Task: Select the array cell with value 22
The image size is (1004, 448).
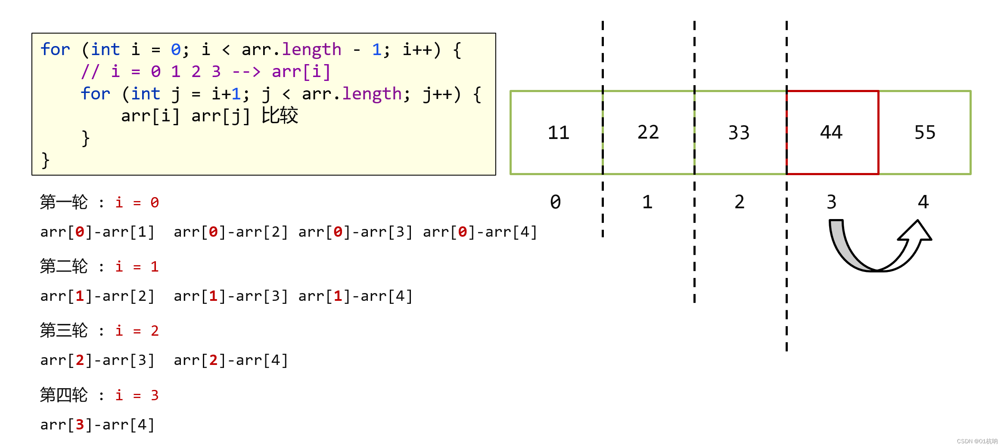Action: point(648,133)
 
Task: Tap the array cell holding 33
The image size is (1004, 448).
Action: point(739,133)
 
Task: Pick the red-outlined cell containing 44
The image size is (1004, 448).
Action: point(831,133)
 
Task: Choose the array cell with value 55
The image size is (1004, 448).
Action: point(925,133)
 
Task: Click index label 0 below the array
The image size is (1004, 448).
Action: point(556,202)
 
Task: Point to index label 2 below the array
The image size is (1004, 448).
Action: point(740,202)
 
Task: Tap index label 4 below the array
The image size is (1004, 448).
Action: point(923,202)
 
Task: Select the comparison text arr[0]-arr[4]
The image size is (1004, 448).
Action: point(480,232)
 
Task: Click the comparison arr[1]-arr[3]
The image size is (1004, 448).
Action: point(230,297)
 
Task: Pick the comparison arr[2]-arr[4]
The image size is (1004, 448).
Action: point(230,361)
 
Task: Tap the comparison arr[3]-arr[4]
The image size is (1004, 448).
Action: point(97,425)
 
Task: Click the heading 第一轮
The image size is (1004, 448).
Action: point(64,202)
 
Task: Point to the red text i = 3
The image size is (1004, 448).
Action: point(137,395)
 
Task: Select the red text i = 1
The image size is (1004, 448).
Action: point(137,267)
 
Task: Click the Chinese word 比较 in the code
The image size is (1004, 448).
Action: point(280,116)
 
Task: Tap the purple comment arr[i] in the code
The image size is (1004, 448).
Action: point(301,72)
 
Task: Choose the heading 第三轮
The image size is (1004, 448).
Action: point(64,331)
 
